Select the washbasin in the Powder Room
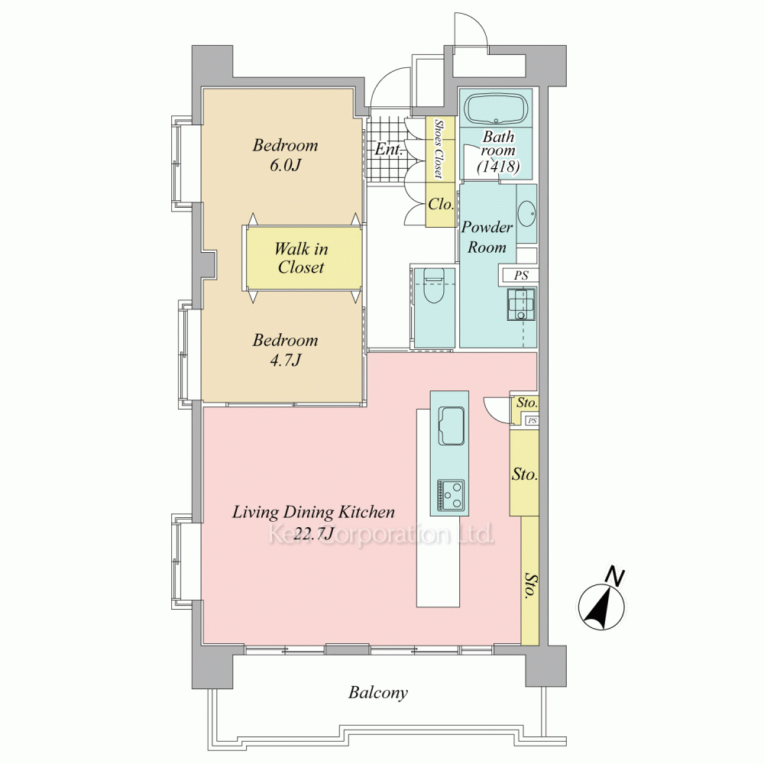pyautogui.click(x=526, y=213)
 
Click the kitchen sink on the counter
pyautogui.click(x=452, y=425)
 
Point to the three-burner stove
pyautogui.click(x=451, y=495)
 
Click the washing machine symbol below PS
pyautogui.click(x=522, y=304)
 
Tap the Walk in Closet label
pyautogui.click(x=301, y=257)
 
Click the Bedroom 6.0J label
pyautogui.click(x=285, y=155)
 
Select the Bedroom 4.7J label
pyautogui.click(x=285, y=350)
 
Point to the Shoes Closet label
pyautogui.click(x=439, y=149)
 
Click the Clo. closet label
pyautogui.click(x=441, y=204)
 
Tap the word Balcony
pyautogui.click(x=377, y=693)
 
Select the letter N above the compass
pyautogui.click(x=615, y=576)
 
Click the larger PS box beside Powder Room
pyautogui.click(x=520, y=275)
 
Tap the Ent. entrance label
pyautogui.click(x=389, y=149)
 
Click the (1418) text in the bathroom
pyautogui.click(x=498, y=167)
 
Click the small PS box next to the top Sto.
pyautogui.click(x=532, y=420)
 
